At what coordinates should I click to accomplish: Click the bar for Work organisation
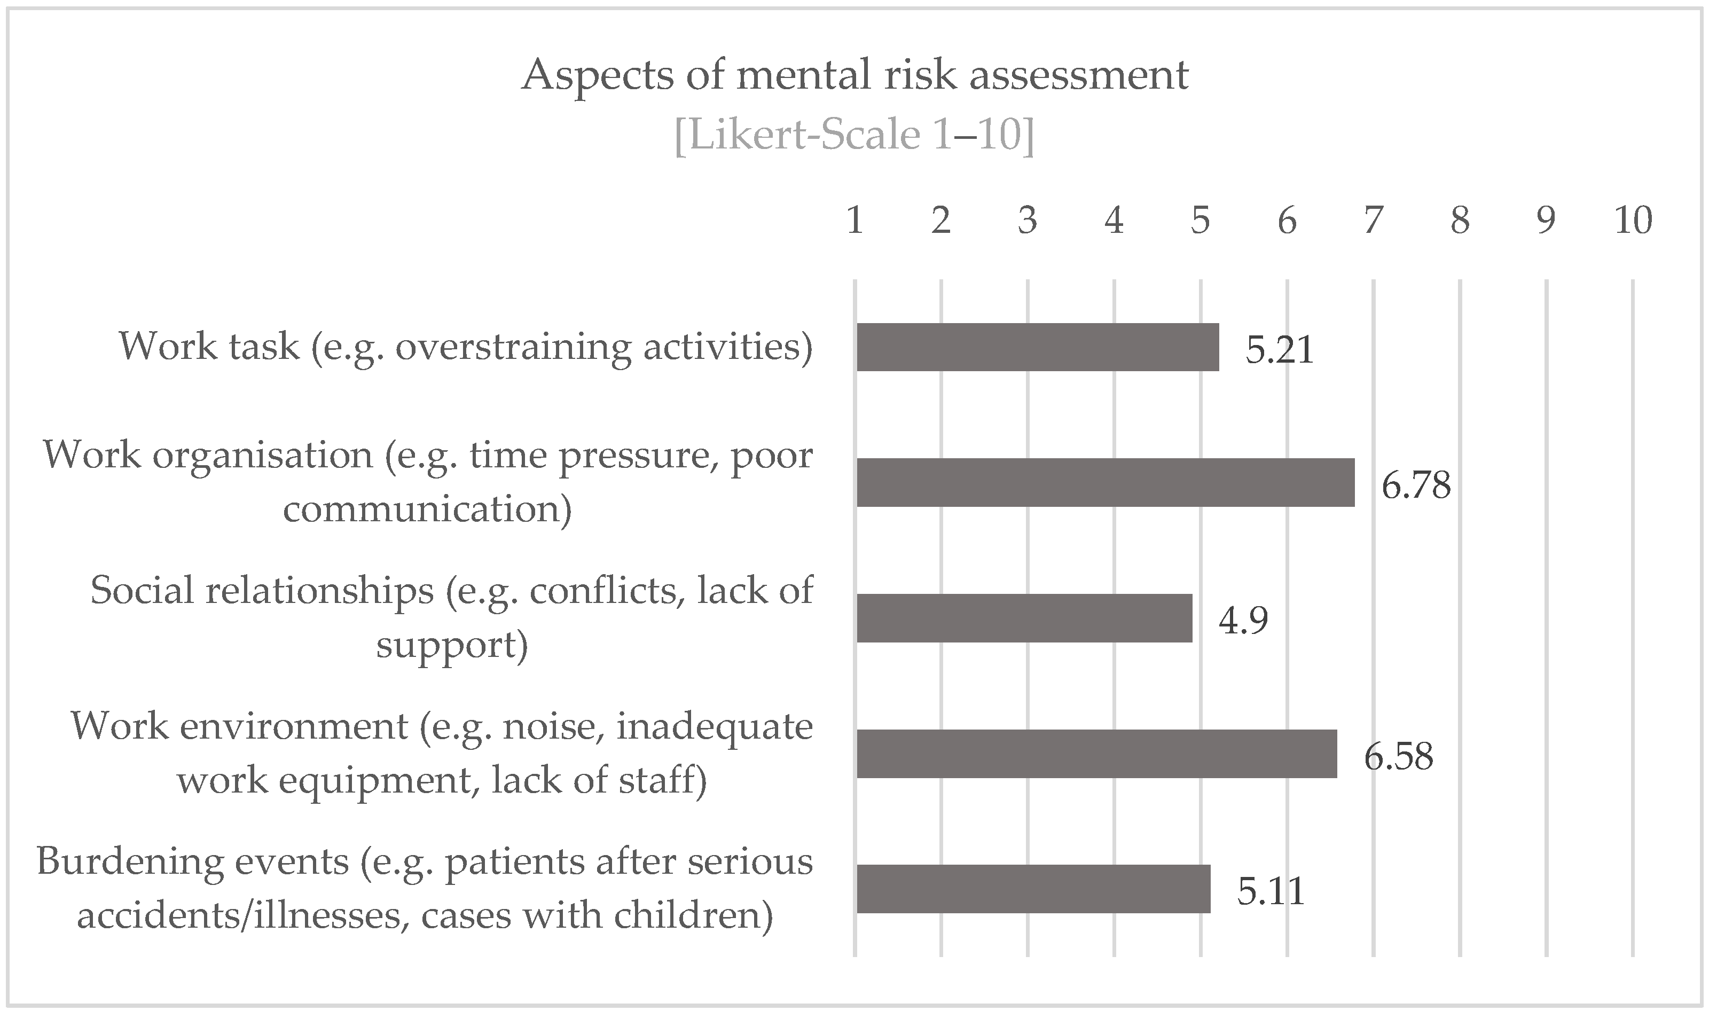pos(1105,482)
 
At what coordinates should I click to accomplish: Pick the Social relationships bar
pos(1024,618)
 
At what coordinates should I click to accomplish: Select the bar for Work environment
pos(1096,754)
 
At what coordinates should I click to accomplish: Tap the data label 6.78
pos(1415,485)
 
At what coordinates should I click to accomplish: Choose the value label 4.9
pos(1243,621)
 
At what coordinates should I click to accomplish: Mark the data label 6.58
pos(1398,756)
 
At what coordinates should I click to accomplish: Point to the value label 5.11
pos(1271,892)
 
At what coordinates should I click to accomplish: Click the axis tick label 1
pos(855,221)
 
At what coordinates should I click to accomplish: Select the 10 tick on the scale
pos(1633,221)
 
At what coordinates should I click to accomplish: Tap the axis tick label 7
pos(1373,221)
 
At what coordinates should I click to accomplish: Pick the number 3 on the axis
pos(1027,221)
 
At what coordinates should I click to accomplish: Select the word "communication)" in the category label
pos(427,509)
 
